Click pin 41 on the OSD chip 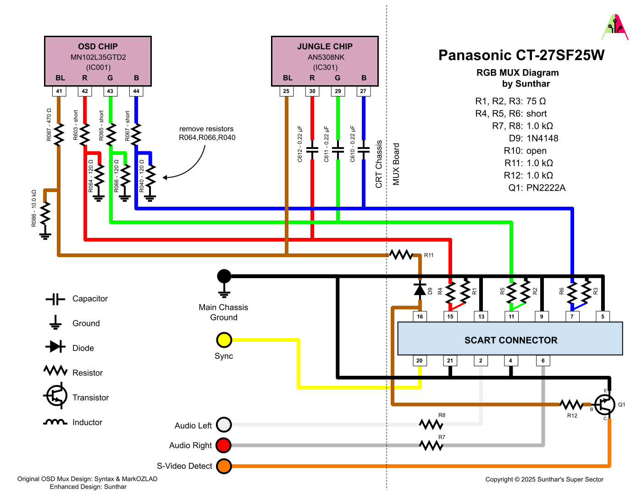tap(59, 91)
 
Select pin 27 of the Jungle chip tap(363, 91)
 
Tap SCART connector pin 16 tap(420, 316)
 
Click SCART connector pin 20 tap(420, 361)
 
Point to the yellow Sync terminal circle tap(224, 340)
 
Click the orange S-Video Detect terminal tap(224, 466)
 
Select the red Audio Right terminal tap(224, 445)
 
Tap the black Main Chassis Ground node tap(224, 276)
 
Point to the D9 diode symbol tap(420, 290)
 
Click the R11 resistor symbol tap(401, 255)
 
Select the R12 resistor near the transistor tap(571, 405)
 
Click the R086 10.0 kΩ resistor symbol tap(45, 213)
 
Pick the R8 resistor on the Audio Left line tap(431, 424)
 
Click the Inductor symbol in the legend tap(55, 422)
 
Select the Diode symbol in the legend tap(55, 346)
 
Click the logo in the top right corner tap(614, 27)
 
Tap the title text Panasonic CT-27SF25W tap(521, 55)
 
